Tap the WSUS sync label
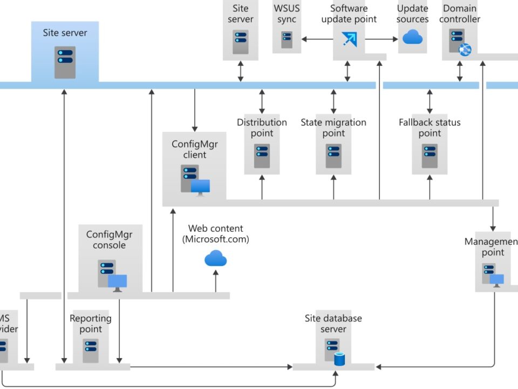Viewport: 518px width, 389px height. (x=287, y=14)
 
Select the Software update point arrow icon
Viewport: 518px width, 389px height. (x=349, y=39)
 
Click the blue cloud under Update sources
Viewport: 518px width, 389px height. (x=412, y=37)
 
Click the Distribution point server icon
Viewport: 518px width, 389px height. (x=262, y=156)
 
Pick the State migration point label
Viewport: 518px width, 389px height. (x=333, y=128)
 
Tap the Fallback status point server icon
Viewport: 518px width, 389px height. (x=430, y=156)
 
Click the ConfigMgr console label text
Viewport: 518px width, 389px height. (x=110, y=239)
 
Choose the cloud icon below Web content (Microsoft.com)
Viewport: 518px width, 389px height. (x=216, y=259)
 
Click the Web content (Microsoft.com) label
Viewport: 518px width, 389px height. (x=216, y=233)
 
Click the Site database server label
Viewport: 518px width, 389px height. (x=333, y=324)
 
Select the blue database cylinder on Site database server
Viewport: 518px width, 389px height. (x=339, y=358)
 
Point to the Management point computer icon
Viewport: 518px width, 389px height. (x=493, y=274)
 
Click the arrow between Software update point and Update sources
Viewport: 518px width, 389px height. (x=381, y=39)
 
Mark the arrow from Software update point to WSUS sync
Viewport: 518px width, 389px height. (x=317, y=39)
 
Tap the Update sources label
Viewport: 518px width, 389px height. (x=412, y=14)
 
